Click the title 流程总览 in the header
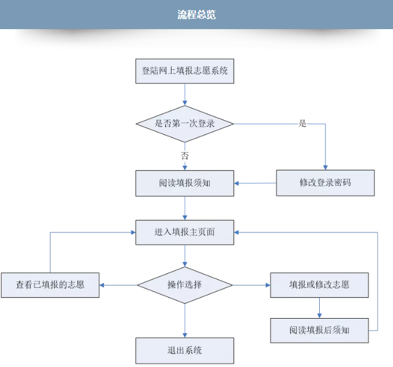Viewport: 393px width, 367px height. (x=196, y=15)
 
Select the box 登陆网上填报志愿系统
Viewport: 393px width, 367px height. (x=185, y=71)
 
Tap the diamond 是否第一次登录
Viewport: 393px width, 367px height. (x=185, y=124)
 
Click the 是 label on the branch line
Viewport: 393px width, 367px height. (x=302, y=123)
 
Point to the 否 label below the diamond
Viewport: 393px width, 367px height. (x=185, y=156)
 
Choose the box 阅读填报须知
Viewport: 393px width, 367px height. (x=185, y=183)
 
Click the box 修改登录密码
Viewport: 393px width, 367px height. (x=326, y=182)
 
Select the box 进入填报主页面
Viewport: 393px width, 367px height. (x=185, y=232)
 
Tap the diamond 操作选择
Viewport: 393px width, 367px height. (x=185, y=285)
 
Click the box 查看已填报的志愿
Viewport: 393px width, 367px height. (x=50, y=285)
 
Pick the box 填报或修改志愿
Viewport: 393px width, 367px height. (x=319, y=285)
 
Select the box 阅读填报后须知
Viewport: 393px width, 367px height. (x=319, y=330)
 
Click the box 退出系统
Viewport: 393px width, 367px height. (x=185, y=351)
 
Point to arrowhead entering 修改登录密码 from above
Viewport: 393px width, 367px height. (x=326, y=168)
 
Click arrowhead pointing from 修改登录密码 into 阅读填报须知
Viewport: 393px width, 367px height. (x=237, y=183)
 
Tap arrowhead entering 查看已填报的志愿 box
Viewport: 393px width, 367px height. (x=102, y=285)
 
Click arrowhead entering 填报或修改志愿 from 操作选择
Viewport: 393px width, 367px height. (x=268, y=285)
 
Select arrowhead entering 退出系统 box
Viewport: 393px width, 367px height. (x=185, y=336)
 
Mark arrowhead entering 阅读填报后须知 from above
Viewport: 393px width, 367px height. (x=319, y=316)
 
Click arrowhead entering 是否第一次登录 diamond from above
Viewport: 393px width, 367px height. (x=185, y=103)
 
